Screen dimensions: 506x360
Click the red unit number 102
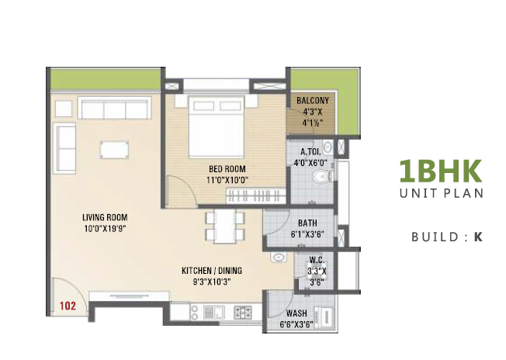tap(68, 306)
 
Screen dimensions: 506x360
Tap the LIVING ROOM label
tap(105, 217)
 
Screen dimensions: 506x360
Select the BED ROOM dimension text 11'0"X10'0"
tap(227, 180)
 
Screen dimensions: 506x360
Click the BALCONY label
tap(313, 101)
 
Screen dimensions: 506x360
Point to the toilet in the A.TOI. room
tap(321, 176)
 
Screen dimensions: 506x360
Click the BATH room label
tap(307, 223)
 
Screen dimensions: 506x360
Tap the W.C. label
tap(317, 260)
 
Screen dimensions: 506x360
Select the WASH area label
tap(296, 313)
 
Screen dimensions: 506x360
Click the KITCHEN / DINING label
tap(212, 271)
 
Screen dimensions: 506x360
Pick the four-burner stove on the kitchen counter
tap(242, 312)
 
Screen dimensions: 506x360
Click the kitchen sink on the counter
tap(213, 312)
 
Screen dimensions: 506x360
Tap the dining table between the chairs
tap(225, 227)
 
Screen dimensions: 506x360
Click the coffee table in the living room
tap(114, 150)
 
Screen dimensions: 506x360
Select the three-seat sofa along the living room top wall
tap(115, 108)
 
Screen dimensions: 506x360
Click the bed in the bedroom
tap(217, 126)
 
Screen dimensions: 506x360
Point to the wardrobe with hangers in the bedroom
tap(256, 196)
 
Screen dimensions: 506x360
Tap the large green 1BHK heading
tap(441, 171)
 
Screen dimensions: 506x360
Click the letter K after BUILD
tap(478, 237)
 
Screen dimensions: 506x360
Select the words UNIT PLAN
tap(442, 193)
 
